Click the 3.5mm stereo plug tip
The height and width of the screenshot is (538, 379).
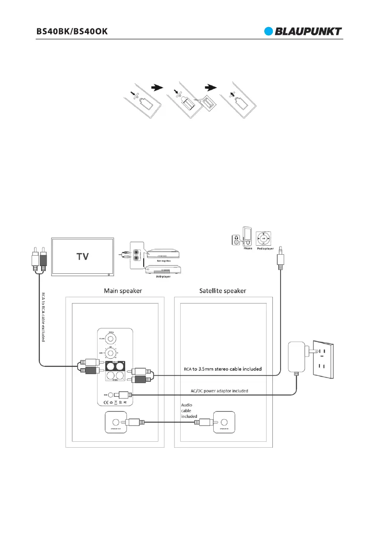[281, 248]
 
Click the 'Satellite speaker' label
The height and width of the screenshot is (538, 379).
[223, 291]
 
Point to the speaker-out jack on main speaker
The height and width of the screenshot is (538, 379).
[115, 422]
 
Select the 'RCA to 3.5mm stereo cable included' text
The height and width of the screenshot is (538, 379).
[228, 369]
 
